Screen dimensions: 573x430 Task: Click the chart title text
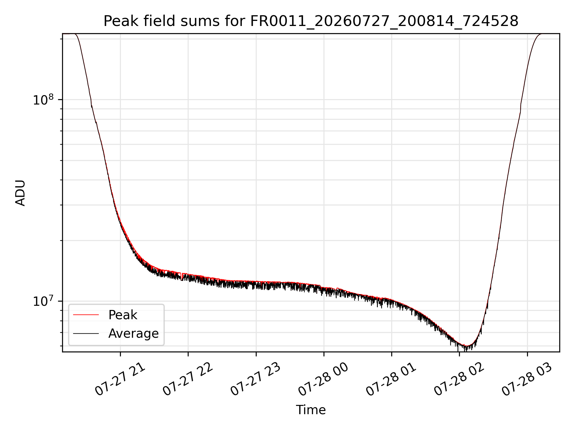(311, 21)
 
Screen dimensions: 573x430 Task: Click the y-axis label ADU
(20, 193)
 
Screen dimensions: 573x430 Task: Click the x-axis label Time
(311, 410)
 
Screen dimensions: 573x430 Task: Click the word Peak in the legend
(123, 315)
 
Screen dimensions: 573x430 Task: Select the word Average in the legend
(133, 334)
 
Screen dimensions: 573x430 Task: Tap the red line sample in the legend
(86, 315)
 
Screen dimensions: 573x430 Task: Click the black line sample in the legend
(86, 333)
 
